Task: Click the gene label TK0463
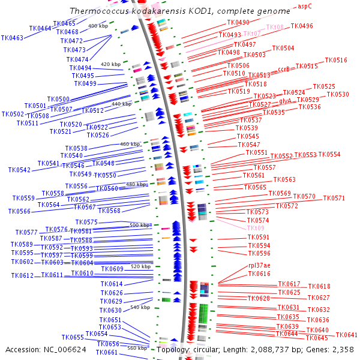click(12, 38)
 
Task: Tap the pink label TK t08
click(274, 27)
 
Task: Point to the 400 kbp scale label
click(98, 26)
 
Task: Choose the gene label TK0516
click(336, 60)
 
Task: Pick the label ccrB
click(283, 69)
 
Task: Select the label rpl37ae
click(259, 265)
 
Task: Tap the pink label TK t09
click(255, 229)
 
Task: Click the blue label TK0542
click(19, 170)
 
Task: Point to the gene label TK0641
click(346, 335)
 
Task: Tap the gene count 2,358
click(343, 349)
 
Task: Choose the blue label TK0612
click(22, 275)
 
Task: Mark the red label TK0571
click(334, 198)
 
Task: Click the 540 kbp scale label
click(140, 307)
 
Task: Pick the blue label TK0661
click(107, 352)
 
